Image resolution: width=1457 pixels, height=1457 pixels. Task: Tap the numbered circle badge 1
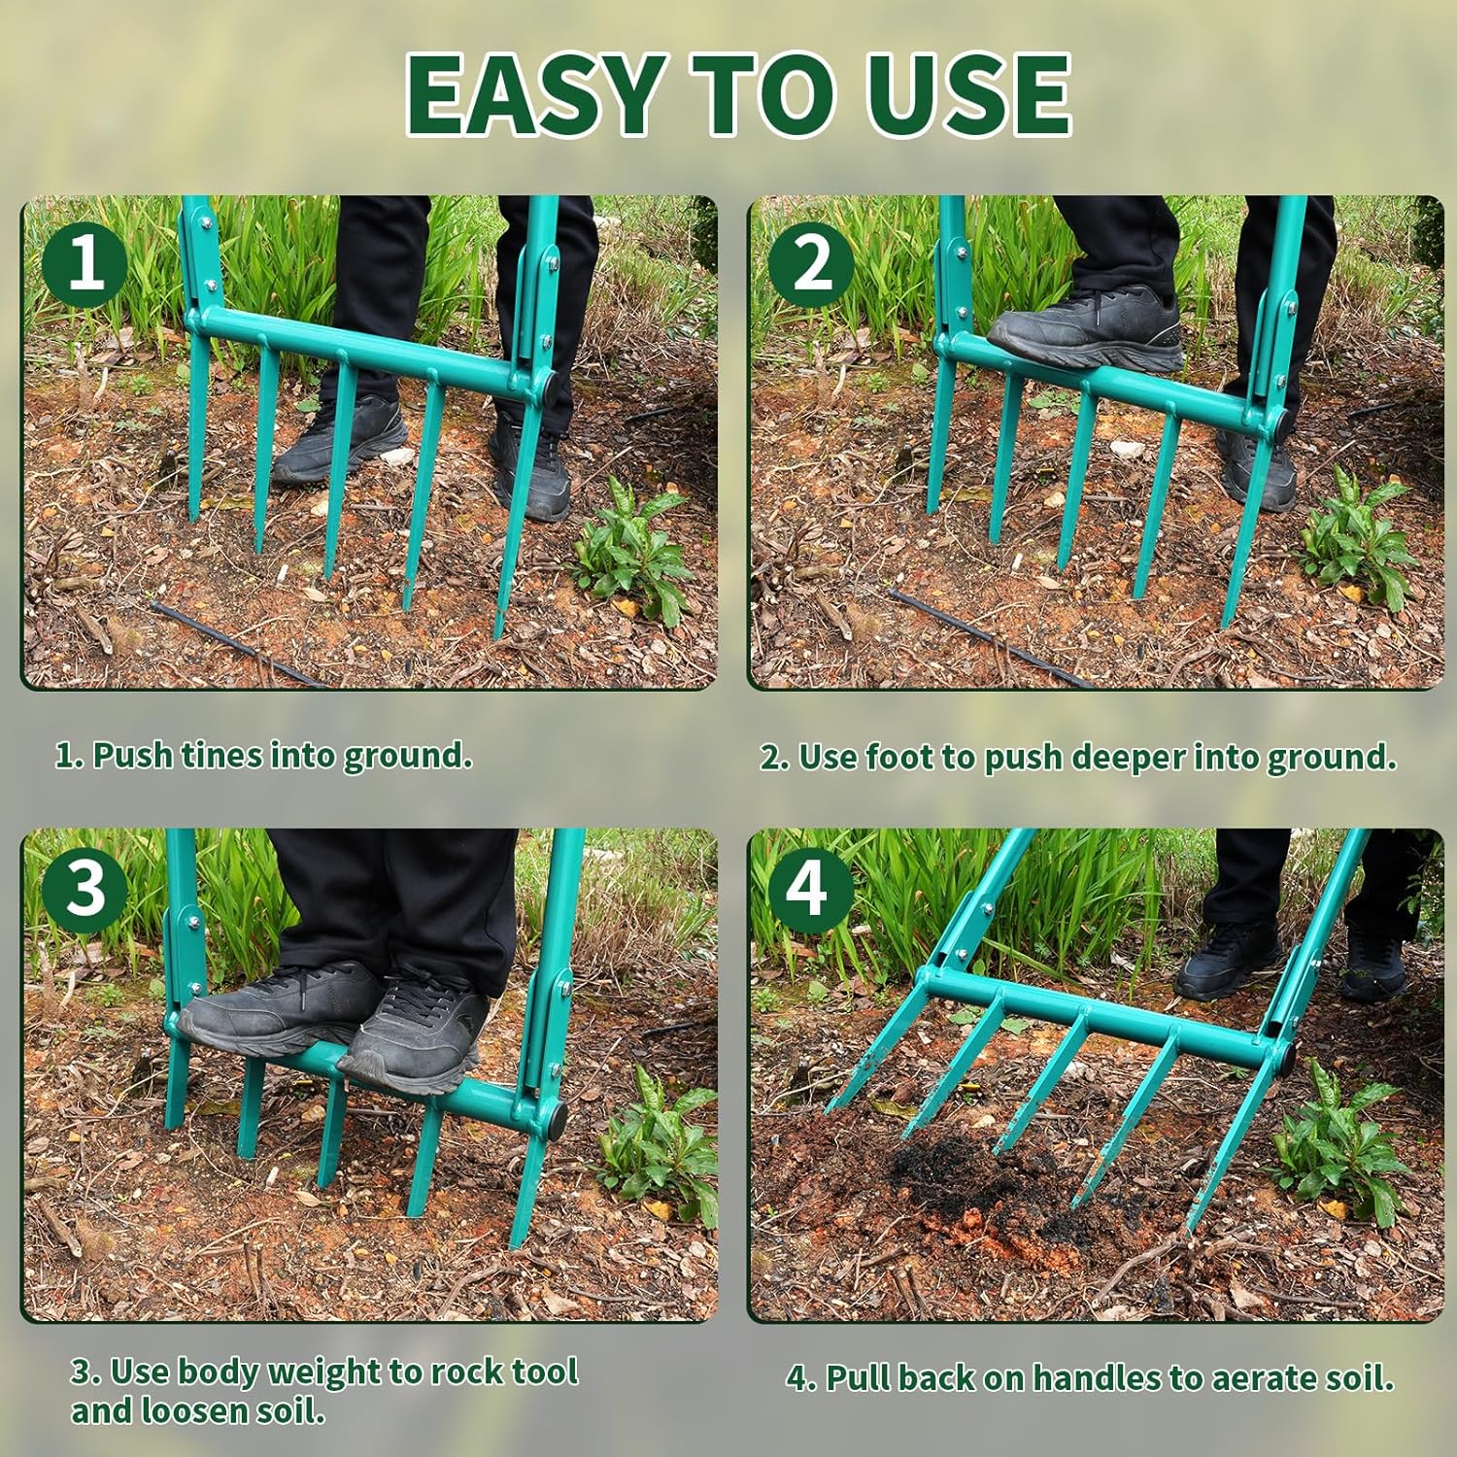click(85, 261)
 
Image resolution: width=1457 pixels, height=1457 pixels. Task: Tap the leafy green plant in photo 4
click(1340, 1146)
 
